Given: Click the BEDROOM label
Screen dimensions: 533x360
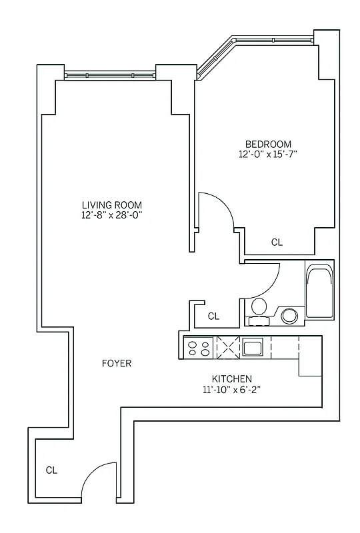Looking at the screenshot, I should (268, 144).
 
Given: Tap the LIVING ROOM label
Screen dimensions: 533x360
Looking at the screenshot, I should (111, 205).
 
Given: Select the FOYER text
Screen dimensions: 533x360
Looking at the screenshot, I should (117, 363).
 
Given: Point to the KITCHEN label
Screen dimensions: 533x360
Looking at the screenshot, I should (231, 378).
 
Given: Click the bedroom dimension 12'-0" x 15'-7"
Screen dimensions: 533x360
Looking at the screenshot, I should (268, 155).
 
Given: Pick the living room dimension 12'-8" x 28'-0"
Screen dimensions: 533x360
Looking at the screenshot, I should (111, 215).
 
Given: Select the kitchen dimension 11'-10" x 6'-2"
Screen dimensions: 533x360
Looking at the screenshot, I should (231, 389).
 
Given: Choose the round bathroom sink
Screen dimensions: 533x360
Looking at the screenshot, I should (289, 315).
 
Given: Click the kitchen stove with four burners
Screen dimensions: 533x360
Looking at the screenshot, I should (198, 347).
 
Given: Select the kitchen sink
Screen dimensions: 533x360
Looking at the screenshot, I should (253, 347).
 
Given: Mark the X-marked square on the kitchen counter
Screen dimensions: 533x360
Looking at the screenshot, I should (227, 347).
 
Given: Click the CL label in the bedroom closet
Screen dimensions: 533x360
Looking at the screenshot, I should (277, 243).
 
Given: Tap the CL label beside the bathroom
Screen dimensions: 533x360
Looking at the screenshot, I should (213, 316).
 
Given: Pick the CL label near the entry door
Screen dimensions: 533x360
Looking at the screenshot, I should (51, 470).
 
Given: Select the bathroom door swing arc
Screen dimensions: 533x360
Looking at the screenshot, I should (263, 280).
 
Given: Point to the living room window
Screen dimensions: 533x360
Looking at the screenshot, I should (110, 75).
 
